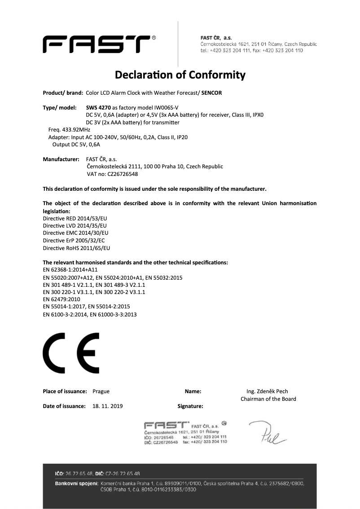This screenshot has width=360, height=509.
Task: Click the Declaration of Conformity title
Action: (x=180, y=74)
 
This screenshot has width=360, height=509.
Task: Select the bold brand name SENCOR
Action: (x=211, y=93)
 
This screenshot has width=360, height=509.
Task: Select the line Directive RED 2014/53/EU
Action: (x=75, y=218)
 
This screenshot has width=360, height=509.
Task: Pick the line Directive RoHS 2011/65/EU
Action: (x=76, y=247)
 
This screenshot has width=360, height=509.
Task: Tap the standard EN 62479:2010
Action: (x=61, y=299)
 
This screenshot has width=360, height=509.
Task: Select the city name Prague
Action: (x=101, y=391)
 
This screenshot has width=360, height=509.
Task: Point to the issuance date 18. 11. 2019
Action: (x=108, y=406)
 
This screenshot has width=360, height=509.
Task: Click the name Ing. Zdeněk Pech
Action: (x=268, y=391)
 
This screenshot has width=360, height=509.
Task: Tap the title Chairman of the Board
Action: (x=268, y=399)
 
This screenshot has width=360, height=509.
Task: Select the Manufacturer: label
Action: (x=61, y=159)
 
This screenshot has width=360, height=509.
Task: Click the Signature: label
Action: (x=190, y=406)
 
